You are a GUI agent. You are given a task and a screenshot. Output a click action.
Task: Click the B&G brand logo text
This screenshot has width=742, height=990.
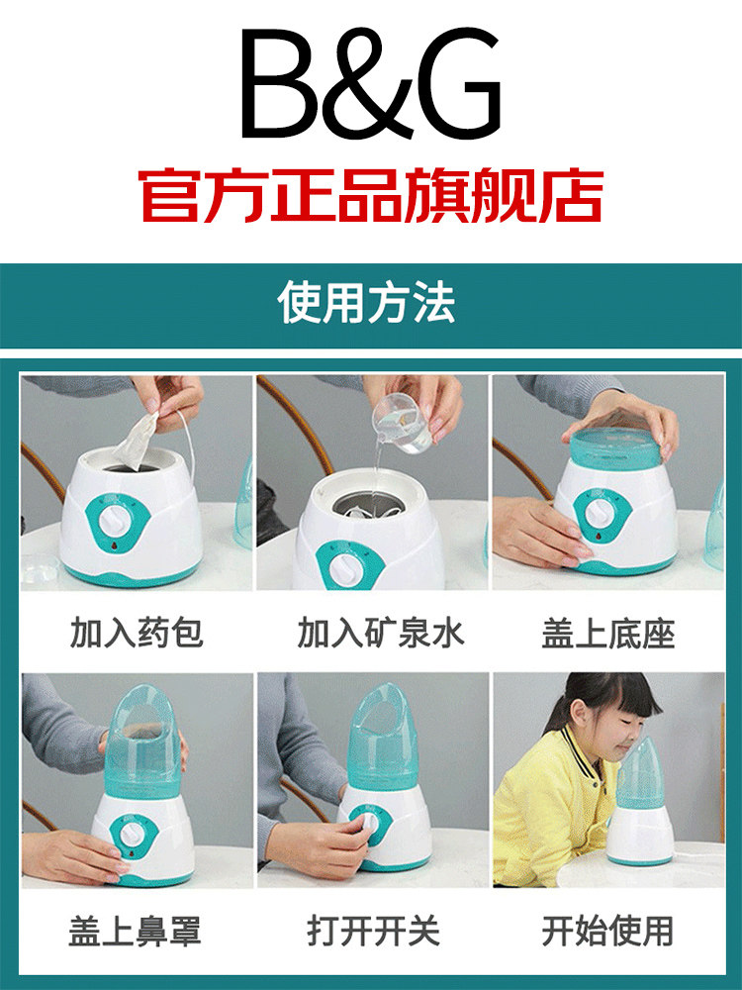pos(370,83)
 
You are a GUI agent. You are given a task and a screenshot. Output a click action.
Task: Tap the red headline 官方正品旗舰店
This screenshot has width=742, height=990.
pos(370,195)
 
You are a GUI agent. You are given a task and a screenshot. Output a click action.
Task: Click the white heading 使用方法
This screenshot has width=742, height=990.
pos(367,303)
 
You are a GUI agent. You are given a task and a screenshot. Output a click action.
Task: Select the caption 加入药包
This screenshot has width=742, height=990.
pos(137,633)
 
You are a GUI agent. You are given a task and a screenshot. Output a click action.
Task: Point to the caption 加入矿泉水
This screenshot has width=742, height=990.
pos(381,633)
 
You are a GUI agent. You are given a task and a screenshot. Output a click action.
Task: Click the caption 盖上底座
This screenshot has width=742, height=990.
pos(608,634)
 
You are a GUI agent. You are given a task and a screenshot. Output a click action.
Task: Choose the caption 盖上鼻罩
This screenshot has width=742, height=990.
pos(135,931)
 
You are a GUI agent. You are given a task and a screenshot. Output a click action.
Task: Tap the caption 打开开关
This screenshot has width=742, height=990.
pos(373,931)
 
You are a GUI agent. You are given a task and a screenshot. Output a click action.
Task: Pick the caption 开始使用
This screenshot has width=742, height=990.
pos(607,931)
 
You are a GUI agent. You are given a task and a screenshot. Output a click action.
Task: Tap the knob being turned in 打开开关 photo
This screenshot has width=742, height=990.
pos(366,824)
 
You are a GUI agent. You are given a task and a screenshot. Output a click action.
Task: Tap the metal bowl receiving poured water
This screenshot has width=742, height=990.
pos(369,503)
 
